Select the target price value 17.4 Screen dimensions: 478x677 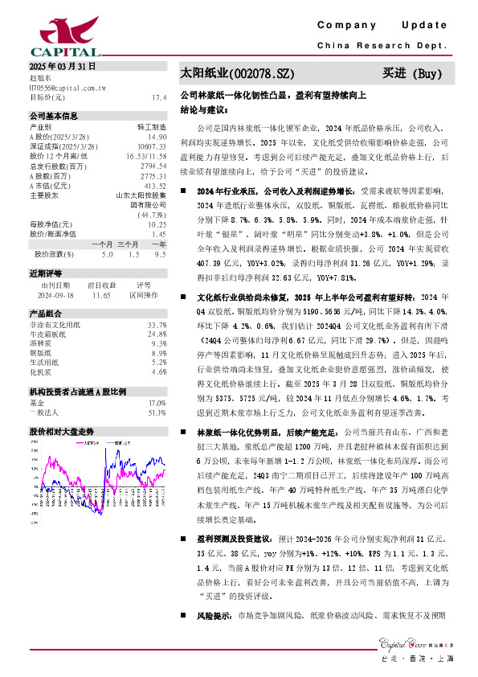tap(158, 96)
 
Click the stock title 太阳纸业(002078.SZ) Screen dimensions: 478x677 tap(231, 74)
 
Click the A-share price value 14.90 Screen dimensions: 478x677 tap(156, 137)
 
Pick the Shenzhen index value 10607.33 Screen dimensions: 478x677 tap(152, 147)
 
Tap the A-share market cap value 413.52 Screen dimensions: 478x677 tap(155, 185)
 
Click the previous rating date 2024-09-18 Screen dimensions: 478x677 tap(55, 294)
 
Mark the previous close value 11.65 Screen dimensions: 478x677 tap(101, 294)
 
